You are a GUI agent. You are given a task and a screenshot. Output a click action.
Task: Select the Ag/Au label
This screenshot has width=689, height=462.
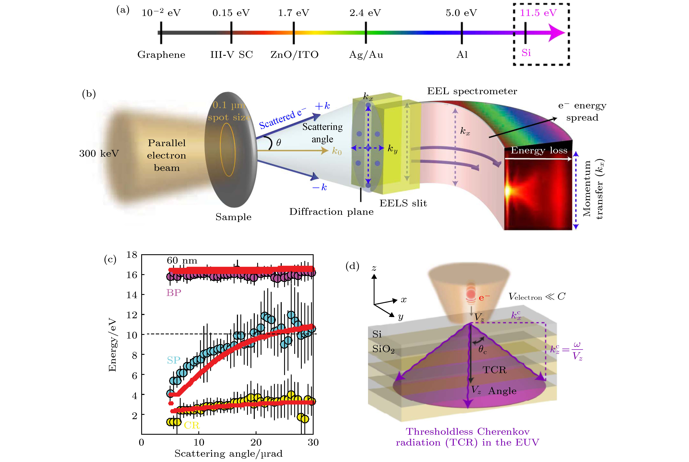(366, 55)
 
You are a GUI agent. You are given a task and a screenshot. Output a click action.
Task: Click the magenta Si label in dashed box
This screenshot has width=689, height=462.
(526, 53)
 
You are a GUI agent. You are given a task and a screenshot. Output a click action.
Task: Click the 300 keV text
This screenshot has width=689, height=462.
(99, 154)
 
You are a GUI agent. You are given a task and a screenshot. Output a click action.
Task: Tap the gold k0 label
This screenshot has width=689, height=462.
(337, 151)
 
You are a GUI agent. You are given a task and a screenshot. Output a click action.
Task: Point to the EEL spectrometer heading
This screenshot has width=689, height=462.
(472, 91)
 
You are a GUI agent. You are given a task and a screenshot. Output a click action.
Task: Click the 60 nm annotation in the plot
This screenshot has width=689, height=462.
(182, 260)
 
